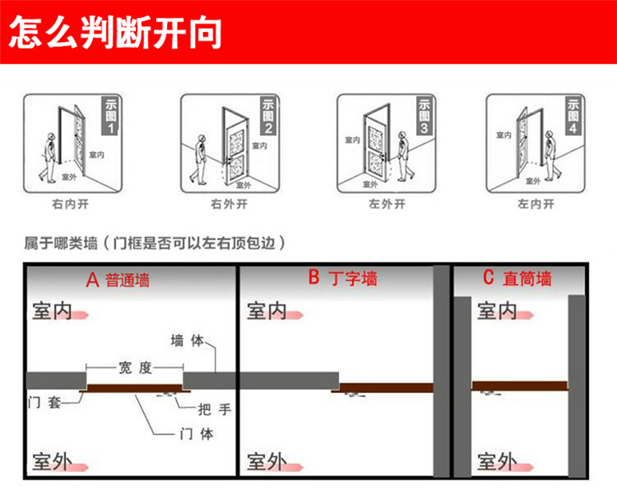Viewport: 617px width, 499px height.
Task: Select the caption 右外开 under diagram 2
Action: click(x=229, y=203)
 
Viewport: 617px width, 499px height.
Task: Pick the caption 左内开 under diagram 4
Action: click(x=535, y=203)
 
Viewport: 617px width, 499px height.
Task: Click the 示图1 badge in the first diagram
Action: click(x=110, y=116)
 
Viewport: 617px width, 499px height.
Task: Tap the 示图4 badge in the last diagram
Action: click(x=573, y=116)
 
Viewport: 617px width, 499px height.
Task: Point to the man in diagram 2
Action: click(x=200, y=157)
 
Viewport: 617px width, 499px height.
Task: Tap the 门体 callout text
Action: click(x=195, y=434)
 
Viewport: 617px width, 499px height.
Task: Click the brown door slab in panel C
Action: click(x=520, y=385)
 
